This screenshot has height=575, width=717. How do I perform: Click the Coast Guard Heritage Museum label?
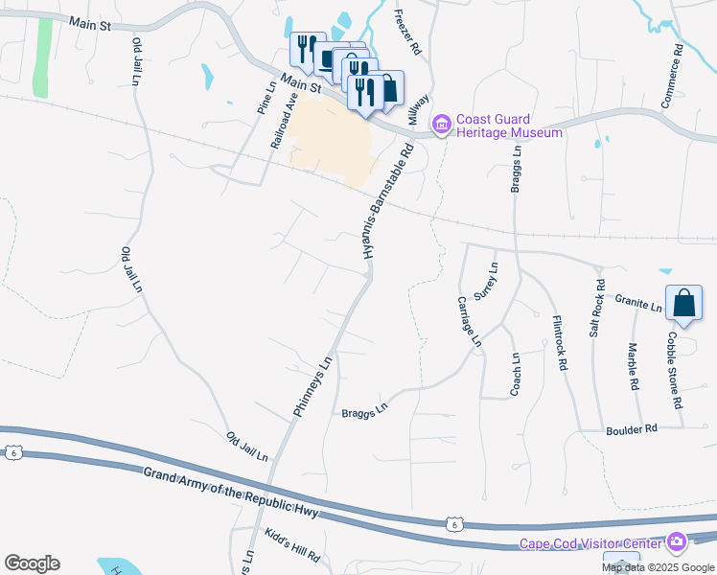(509, 126)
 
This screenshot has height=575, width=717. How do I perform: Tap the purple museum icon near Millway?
(442, 125)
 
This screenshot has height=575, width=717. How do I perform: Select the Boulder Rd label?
(631, 429)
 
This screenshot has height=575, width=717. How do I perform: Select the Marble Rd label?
(633, 367)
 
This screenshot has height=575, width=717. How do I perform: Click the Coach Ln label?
(515, 374)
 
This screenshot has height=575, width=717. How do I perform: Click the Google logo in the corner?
(32, 563)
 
